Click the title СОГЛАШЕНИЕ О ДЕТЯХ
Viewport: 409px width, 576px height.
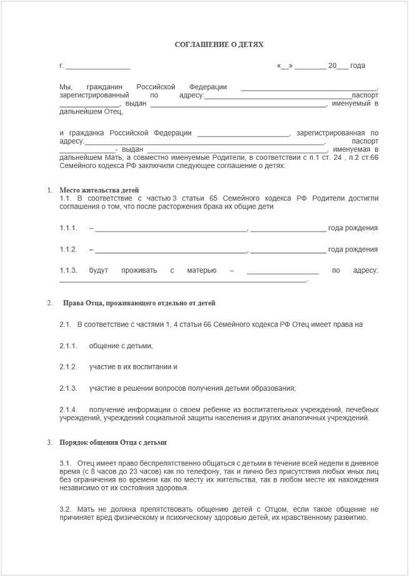click(219, 45)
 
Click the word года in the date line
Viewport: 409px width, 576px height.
click(358, 66)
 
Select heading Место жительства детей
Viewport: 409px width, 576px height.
click(99, 190)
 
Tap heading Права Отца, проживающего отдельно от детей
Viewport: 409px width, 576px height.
click(139, 303)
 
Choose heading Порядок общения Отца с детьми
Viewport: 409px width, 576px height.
click(113, 442)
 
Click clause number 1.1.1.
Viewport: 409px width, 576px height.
click(68, 228)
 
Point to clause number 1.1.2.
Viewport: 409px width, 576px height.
click(68, 250)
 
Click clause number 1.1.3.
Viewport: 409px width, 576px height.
click(68, 270)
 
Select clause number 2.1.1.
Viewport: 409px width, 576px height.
click(68, 346)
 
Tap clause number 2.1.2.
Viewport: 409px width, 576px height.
click(68, 367)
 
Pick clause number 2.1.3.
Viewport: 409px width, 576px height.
click(68, 388)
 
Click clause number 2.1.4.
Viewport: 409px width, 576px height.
click(68, 409)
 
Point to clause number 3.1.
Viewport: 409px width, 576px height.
click(66, 464)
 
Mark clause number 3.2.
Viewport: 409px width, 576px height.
click(66, 509)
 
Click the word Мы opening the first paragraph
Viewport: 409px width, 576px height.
click(66, 87)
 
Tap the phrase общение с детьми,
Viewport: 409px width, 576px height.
click(121, 346)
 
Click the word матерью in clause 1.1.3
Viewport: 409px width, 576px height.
click(202, 270)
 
